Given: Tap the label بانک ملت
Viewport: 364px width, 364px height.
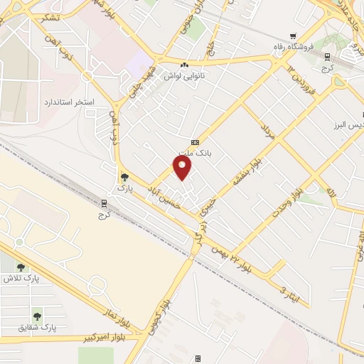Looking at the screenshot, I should tap(195, 153).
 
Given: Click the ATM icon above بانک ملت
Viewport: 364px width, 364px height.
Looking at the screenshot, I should tap(196, 142).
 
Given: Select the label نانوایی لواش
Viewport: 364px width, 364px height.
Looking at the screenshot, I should tap(186, 75).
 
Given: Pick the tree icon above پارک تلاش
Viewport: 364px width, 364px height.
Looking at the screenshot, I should tap(20, 267).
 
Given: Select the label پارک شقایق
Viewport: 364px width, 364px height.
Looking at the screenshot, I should tap(38, 327).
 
